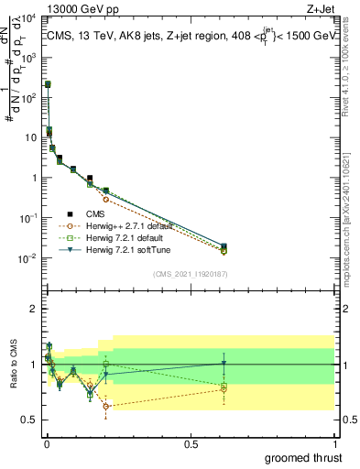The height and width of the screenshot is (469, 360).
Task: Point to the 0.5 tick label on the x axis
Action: [191, 444]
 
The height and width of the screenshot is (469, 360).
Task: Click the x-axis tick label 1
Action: [333, 444]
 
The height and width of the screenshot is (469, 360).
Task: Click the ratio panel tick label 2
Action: [33, 310]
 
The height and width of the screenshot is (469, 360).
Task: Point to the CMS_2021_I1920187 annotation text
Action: [189, 273]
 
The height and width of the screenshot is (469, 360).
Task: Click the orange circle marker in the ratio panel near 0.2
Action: [105, 405]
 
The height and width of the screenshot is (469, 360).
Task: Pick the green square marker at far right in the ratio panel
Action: [224, 387]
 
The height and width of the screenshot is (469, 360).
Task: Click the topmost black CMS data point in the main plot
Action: [48, 83]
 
